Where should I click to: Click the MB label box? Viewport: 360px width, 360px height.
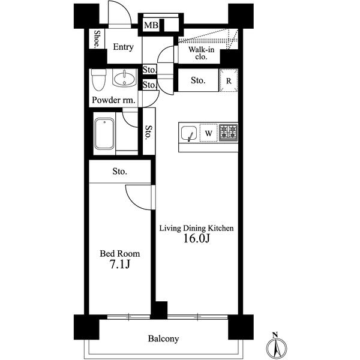(150, 25)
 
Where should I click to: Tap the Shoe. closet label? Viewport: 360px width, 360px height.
(96, 39)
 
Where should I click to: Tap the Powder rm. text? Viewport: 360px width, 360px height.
(113, 100)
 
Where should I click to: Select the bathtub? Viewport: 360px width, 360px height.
(104, 136)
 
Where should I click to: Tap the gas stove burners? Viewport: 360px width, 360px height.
(228, 133)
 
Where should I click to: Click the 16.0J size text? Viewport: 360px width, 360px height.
(196, 239)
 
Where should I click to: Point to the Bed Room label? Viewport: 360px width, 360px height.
(119, 254)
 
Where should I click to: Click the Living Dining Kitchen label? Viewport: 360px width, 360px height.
(196, 228)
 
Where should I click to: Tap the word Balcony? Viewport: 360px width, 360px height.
(163, 339)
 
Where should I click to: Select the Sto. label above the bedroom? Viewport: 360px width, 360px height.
(119, 172)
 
